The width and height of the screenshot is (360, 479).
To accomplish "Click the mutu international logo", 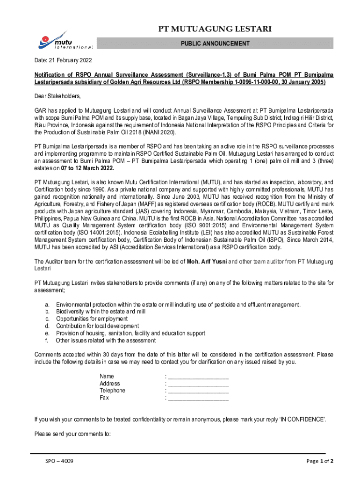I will pyautogui.click(x=65, y=40).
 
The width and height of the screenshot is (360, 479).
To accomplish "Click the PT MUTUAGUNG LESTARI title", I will pyautogui.click(x=215, y=29).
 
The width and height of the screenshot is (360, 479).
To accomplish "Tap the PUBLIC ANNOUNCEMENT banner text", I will pyautogui.click(x=215, y=44).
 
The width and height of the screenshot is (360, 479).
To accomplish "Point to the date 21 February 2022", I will pyautogui.click(x=63, y=60).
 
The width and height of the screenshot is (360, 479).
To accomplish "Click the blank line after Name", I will pyautogui.click(x=198, y=377).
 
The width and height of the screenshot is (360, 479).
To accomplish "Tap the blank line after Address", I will pyautogui.click(x=198, y=384).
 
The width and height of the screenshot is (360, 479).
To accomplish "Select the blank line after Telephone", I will pyautogui.click(x=198, y=391).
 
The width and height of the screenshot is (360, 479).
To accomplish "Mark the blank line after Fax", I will pyautogui.click(x=198, y=398).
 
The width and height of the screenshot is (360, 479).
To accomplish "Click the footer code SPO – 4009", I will pyautogui.click(x=59, y=461).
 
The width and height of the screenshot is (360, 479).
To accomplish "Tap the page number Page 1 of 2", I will pyautogui.click(x=320, y=461).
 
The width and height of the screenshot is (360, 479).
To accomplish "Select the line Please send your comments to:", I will pyautogui.click(x=72, y=434).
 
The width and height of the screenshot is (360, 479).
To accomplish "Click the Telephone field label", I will pyautogui.click(x=112, y=391).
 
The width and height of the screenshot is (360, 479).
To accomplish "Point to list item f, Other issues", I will pyautogui.click(x=106, y=341).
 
